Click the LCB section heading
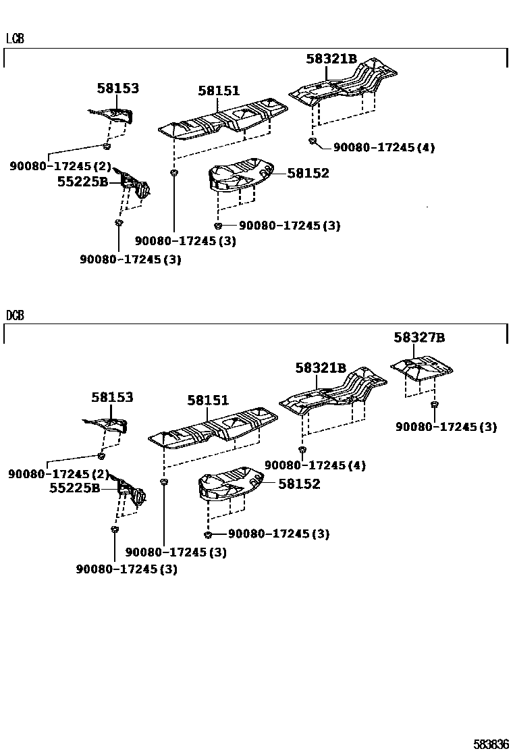pyautogui.click(x=15, y=38)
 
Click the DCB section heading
pyautogui.click(x=15, y=315)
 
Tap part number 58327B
pyautogui.click(x=419, y=338)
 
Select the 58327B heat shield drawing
pyautogui.click(x=422, y=367)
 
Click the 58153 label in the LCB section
pyautogui.click(x=117, y=88)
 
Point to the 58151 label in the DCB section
pyautogui.click(x=208, y=400)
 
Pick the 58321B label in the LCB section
pyautogui.click(x=331, y=59)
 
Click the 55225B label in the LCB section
pyautogui.click(x=82, y=181)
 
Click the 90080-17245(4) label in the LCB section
pyautogui.click(x=383, y=147)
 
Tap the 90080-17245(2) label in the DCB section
pyautogui.click(x=58, y=475)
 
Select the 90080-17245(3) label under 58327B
pyautogui.click(x=446, y=427)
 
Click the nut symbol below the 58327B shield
pyautogui.click(x=434, y=404)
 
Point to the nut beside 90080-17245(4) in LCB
pyautogui.click(x=312, y=140)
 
